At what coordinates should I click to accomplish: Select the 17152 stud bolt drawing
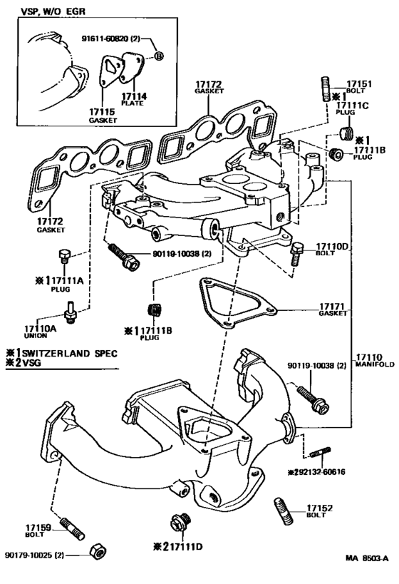coord(281,512)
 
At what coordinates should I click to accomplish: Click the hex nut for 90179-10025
coord(94,552)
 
